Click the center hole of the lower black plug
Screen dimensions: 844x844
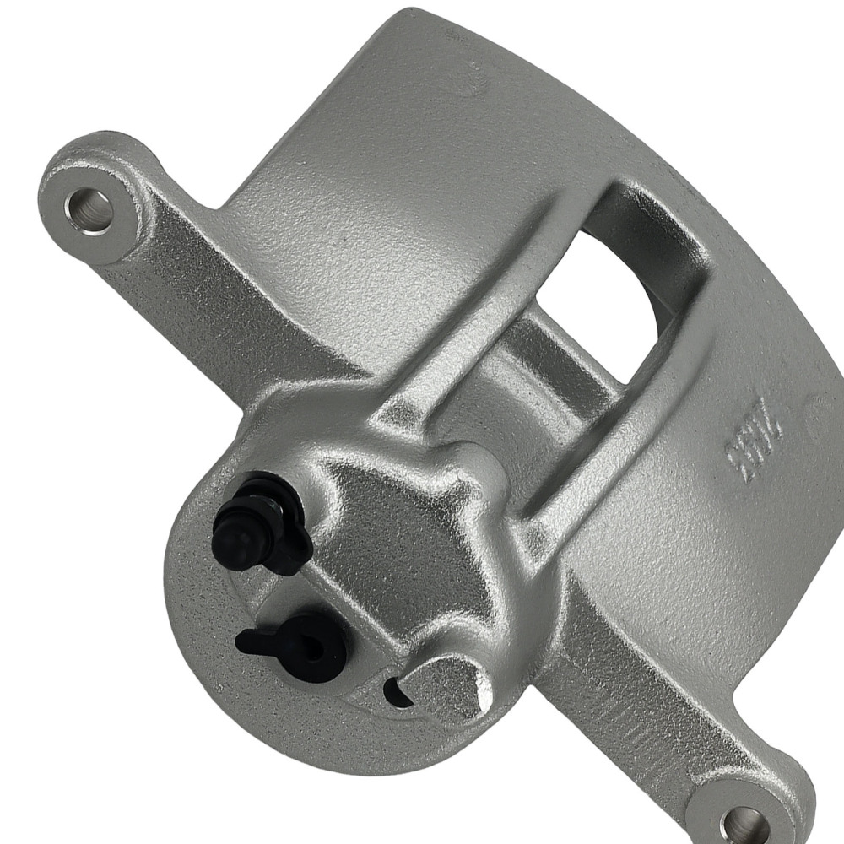coord(313,648)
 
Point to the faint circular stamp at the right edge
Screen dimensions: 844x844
coord(823,418)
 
